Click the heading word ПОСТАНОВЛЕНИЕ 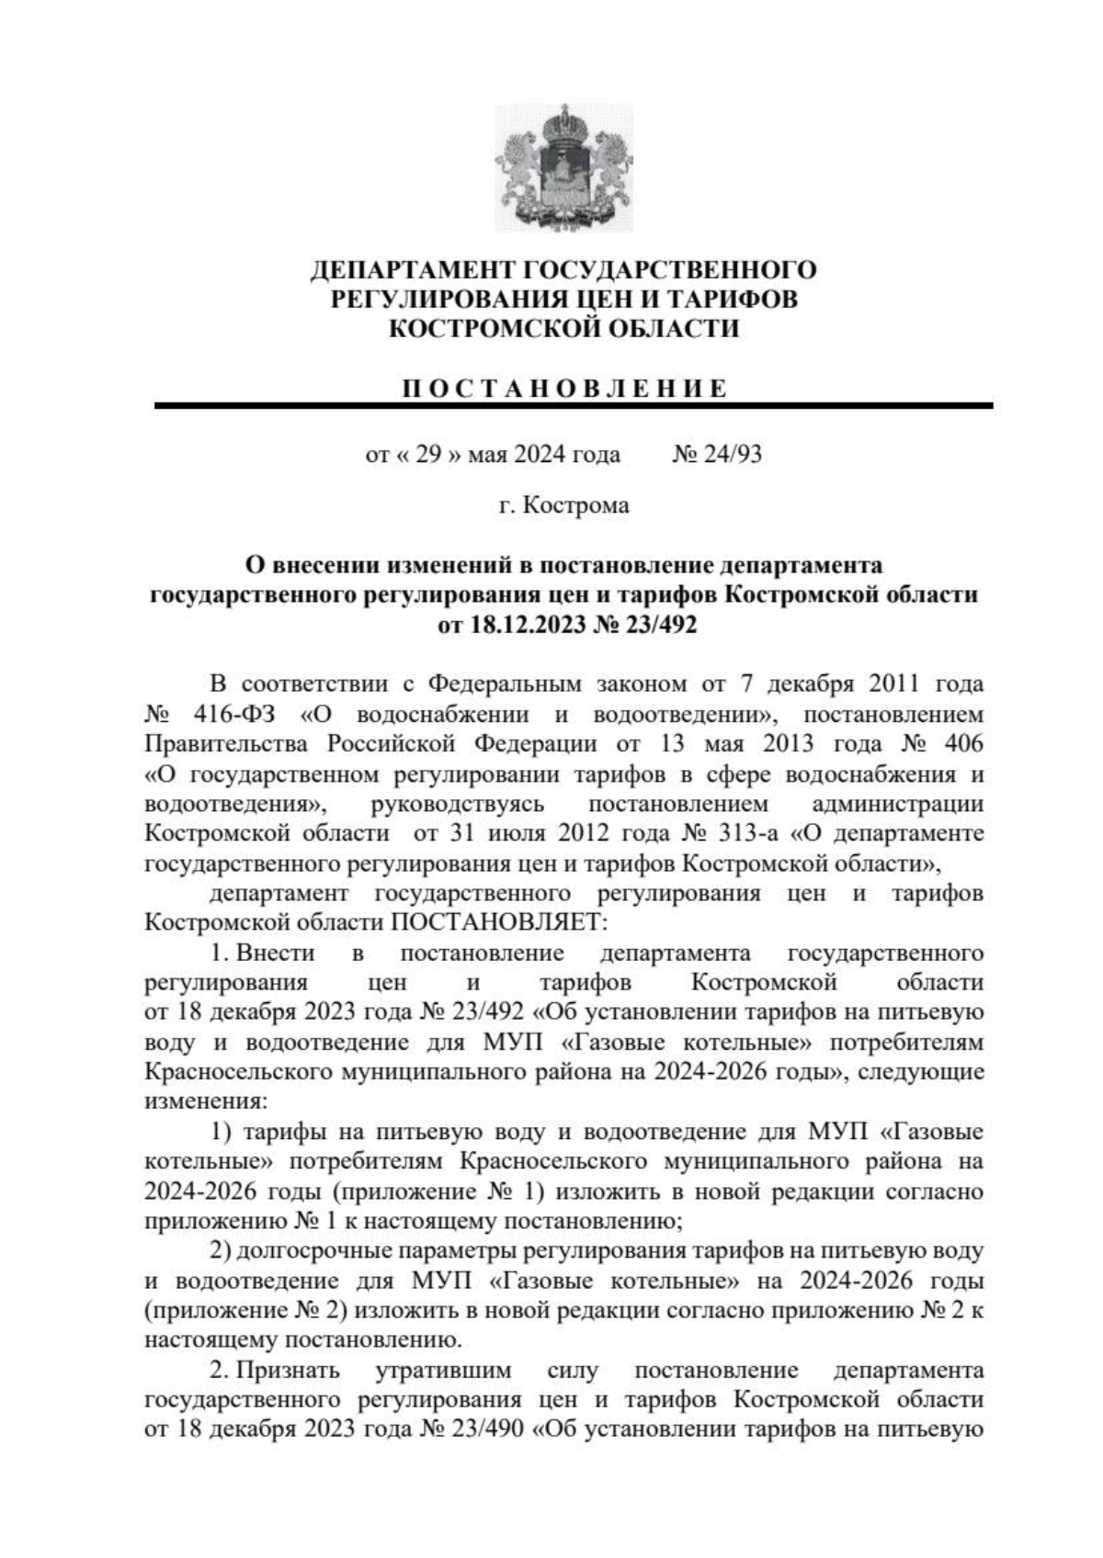[x=564, y=389]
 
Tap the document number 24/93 [x=732, y=454]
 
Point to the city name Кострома [x=576, y=505]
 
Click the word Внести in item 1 [x=276, y=953]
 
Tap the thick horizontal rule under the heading [x=574, y=405]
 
